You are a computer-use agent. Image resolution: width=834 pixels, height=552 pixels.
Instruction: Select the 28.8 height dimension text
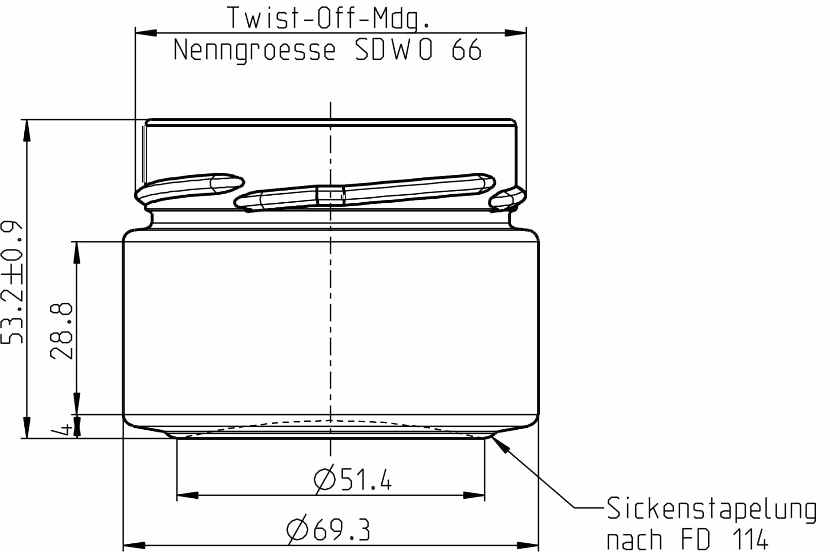(62, 332)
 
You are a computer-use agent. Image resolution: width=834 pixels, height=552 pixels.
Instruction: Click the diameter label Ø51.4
(353, 479)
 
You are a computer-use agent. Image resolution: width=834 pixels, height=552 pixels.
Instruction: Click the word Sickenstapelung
(711, 509)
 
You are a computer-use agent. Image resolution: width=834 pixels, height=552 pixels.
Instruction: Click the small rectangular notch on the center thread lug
(331, 195)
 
